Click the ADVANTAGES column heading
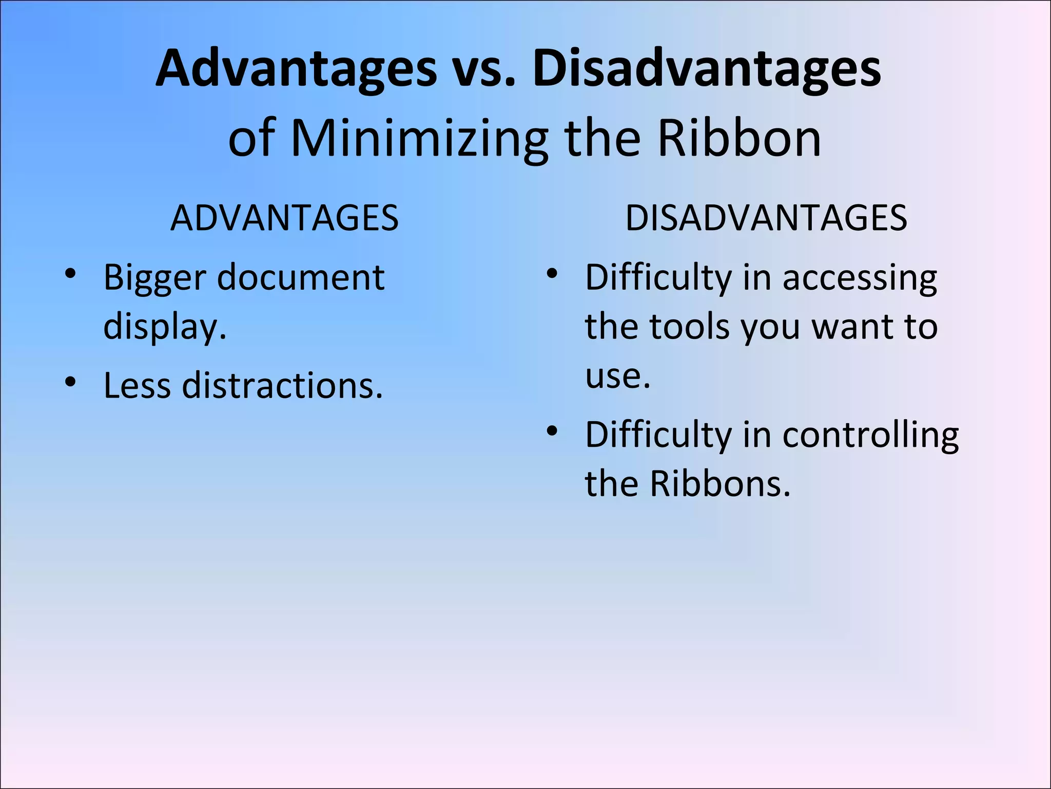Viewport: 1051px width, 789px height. click(x=284, y=218)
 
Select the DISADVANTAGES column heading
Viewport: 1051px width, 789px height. click(x=766, y=218)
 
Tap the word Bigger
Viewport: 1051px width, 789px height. click(x=154, y=278)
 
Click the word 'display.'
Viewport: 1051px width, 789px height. click(x=165, y=327)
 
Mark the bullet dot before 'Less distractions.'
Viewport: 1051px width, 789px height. click(x=71, y=381)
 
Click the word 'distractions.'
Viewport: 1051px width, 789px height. click(x=283, y=386)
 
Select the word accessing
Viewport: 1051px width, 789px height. click(x=860, y=278)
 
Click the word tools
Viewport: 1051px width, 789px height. click(x=690, y=327)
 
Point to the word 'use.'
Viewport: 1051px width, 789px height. click(x=618, y=376)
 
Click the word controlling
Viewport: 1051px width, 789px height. click(x=870, y=435)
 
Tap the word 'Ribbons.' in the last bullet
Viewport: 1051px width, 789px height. click(x=721, y=484)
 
